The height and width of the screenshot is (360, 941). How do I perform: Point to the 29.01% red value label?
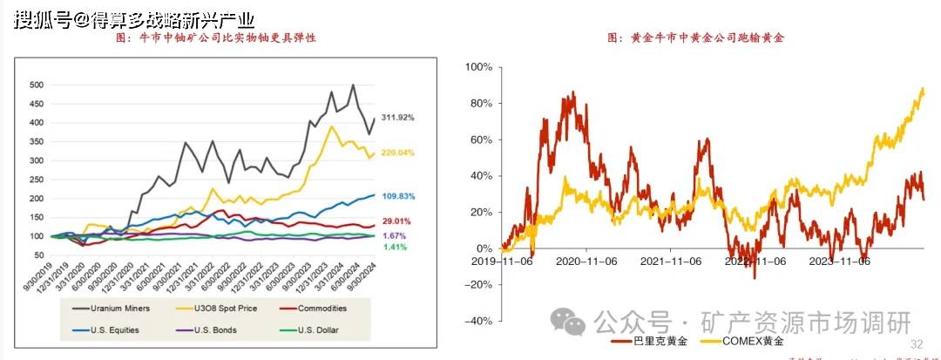397,222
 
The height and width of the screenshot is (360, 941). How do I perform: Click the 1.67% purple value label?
395,236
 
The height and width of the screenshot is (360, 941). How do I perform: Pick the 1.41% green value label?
395,247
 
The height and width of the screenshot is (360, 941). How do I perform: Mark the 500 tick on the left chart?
37,85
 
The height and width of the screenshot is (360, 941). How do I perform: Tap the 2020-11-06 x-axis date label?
586,260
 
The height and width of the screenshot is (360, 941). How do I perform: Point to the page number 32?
916,343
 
